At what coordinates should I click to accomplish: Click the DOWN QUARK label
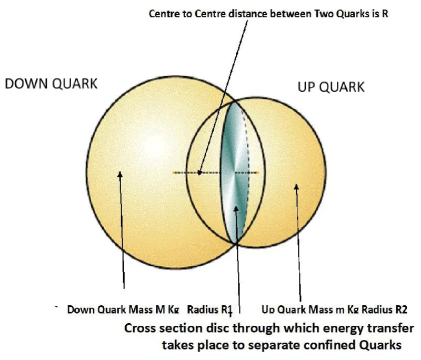[x=51, y=84]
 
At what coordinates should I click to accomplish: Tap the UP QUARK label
[x=331, y=87]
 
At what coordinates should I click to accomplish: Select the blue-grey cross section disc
[x=235, y=158]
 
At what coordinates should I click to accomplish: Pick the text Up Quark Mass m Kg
[x=309, y=309]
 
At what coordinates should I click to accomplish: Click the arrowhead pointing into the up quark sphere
[x=296, y=187]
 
